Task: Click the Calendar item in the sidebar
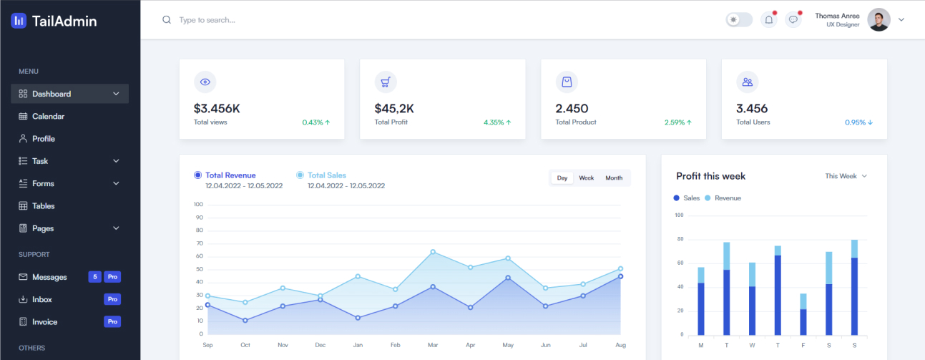click(x=48, y=116)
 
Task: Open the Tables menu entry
click(x=44, y=206)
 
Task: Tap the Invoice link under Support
click(x=44, y=322)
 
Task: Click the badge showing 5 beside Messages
click(x=94, y=277)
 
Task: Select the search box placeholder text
click(x=207, y=20)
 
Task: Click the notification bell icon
click(x=769, y=20)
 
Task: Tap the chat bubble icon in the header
click(x=793, y=20)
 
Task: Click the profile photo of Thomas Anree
click(x=878, y=20)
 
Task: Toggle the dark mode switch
click(x=739, y=20)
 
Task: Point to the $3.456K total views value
click(x=217, y=109)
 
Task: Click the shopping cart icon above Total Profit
click(x=386, y=82)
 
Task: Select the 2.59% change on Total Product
click(x=677, y=122)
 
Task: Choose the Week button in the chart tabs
click(x=587, y=178)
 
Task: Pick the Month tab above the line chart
click(x=614, y=178)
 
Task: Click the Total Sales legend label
click(x=327, y=175)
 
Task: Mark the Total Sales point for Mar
click(x=433, y=252)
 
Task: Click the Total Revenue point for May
click(x=508, y=278)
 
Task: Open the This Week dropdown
click(x=846, y=176)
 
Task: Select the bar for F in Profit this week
click(x=803, y=315)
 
